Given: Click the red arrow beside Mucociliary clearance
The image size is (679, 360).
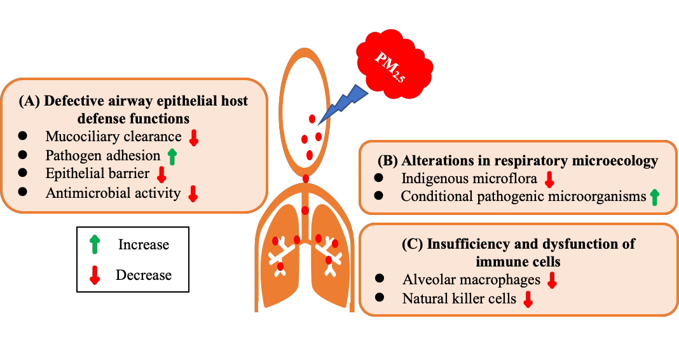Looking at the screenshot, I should (x=195, y=137).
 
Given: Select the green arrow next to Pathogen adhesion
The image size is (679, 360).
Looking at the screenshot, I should (x=171, y=156).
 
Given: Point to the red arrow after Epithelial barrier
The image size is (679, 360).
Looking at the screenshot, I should (x=161, y=175).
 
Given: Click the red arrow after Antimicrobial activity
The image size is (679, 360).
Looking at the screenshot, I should (x=193, y=193).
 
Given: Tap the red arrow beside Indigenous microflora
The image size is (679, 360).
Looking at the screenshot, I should (x=549, y=179).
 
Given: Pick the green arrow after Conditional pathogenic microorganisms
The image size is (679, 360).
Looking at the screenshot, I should (x=654, y=197).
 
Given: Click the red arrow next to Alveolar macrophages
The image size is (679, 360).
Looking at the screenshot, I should (x=552, y=280).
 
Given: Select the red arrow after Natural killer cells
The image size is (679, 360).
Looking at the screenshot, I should (x=527, y=299).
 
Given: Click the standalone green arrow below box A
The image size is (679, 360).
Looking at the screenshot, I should (x=95, y=244).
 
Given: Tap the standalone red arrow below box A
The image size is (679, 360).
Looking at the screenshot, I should (x=95, y=275).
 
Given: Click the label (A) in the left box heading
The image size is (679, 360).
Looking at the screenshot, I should (x=31, y=100).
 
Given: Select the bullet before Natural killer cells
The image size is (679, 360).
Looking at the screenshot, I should (x=380, y=297).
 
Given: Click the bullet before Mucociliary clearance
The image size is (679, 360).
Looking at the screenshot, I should (x=24, y=135).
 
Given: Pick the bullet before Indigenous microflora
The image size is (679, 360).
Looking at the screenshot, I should (x=380, y=177).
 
